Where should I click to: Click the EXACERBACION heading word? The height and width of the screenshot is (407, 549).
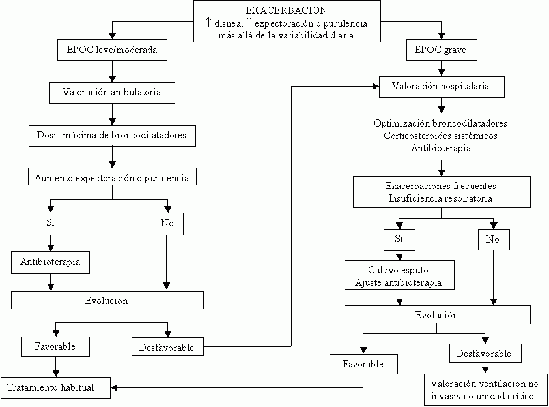[287, 11]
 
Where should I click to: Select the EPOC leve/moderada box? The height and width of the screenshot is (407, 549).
[113, 50]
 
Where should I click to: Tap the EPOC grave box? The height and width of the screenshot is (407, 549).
[440, 50]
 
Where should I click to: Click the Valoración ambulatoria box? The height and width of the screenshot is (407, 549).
[113, 93]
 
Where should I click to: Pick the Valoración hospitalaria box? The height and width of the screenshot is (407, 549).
[440, 86]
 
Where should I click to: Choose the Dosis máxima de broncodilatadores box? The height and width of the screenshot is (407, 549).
[113, 136]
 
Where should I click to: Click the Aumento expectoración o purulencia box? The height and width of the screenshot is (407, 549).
[113, 177]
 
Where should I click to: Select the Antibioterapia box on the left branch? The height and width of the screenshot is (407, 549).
[50, 262]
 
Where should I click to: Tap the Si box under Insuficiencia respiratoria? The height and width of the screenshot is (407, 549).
[399, 239]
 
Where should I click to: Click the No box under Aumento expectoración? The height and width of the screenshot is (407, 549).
[167, 224]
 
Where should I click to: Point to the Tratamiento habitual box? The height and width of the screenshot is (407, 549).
[55, 387]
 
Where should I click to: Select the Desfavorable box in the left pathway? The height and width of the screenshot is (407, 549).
[167, 347]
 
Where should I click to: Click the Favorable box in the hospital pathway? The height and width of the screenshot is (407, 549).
[363, 363]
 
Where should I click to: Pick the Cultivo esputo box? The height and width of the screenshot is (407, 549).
[399, 276]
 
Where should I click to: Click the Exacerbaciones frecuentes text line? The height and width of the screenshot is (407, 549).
[440, 186]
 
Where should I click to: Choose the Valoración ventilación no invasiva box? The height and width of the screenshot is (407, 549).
[485, 389]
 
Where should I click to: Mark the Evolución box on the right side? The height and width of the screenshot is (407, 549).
[436, 315]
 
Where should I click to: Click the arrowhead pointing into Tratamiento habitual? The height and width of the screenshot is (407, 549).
[115, 388]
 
